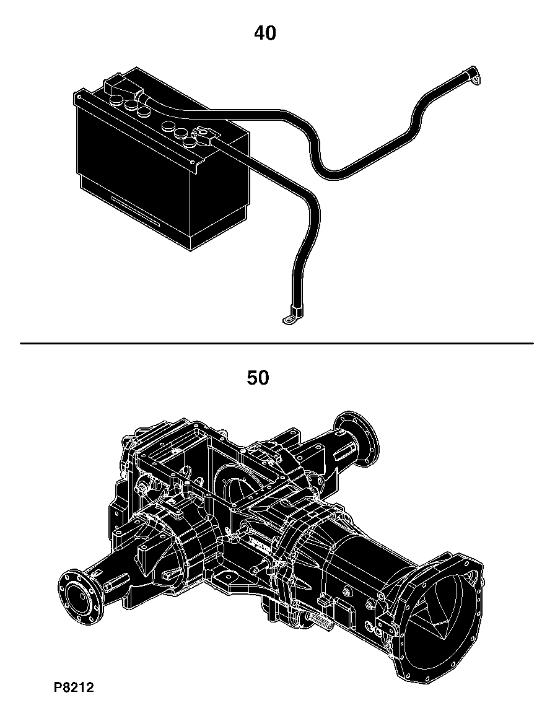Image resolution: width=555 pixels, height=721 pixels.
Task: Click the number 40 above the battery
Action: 265,33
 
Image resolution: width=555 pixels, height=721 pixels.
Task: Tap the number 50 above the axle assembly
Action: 258,378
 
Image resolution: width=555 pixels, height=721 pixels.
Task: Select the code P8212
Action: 74,688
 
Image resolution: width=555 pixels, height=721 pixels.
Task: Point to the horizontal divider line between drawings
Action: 276,343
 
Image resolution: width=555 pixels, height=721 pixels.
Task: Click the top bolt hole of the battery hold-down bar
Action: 80,97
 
